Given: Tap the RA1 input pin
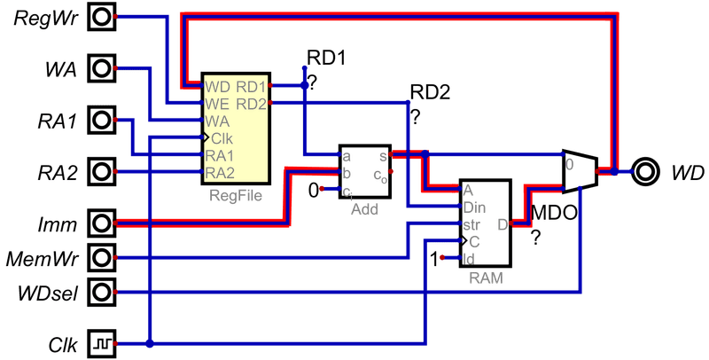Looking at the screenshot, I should point(104,119).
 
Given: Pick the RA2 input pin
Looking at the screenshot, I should point(104,170).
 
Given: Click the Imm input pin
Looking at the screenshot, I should point(104,222).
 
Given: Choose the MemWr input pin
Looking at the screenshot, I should point(104,258).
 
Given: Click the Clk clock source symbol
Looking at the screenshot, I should point(104,340).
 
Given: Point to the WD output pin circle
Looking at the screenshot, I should point(644,170).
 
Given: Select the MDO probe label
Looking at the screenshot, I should point(553,213).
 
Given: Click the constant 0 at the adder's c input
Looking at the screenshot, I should point(311,190).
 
